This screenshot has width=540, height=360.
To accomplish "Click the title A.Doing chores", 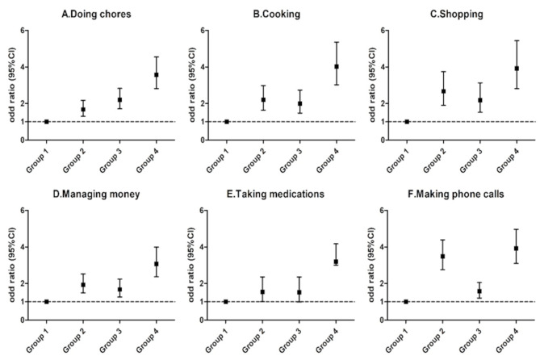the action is click(x=96, y=14).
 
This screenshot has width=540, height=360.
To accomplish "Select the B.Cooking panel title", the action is click(x=277, y=14).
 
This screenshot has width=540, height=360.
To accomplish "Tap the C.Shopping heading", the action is click(x=457, y=14).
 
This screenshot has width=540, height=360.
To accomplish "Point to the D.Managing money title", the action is click(x=96, y=195).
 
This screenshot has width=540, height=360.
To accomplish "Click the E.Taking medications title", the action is click(x=275, y=194).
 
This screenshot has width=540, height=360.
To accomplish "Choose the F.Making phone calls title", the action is click(x=455, y=194).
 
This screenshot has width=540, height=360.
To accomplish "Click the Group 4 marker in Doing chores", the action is click(x=157, y=74).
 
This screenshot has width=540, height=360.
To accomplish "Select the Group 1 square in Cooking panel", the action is click(x=227, y=122).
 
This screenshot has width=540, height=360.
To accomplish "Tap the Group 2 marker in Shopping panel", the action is click(x=444, y=91).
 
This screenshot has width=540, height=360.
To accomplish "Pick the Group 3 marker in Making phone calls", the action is click(x=479, y=291).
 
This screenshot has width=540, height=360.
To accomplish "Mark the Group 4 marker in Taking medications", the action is click(x=336, y=262).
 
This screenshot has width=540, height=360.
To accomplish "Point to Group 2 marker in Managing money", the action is click(x=83, y=285).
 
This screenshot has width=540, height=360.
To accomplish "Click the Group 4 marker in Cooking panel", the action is click(x=337, y=66).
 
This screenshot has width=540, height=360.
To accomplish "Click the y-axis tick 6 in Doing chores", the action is click(x=23, y=31).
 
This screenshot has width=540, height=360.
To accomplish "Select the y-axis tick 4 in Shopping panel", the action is click(x=383, y=67).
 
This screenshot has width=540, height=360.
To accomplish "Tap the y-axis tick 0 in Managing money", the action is click(x=23, y=320).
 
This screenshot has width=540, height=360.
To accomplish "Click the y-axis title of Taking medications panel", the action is click(x=191, y=265).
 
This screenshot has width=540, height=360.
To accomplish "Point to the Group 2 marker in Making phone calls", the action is click(x=442, y=257).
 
